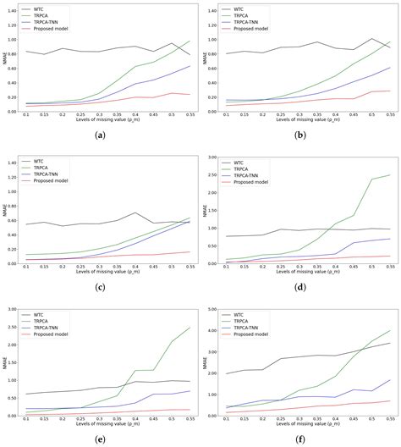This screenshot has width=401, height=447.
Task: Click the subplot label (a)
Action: [101, 135]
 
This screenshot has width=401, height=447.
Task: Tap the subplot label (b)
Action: [299, 135]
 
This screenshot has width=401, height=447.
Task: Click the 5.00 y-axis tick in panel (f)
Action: [211, 311]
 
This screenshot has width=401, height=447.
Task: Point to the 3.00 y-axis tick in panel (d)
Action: [211, 157]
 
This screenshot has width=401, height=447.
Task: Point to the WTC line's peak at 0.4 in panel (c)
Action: [136, 212]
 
